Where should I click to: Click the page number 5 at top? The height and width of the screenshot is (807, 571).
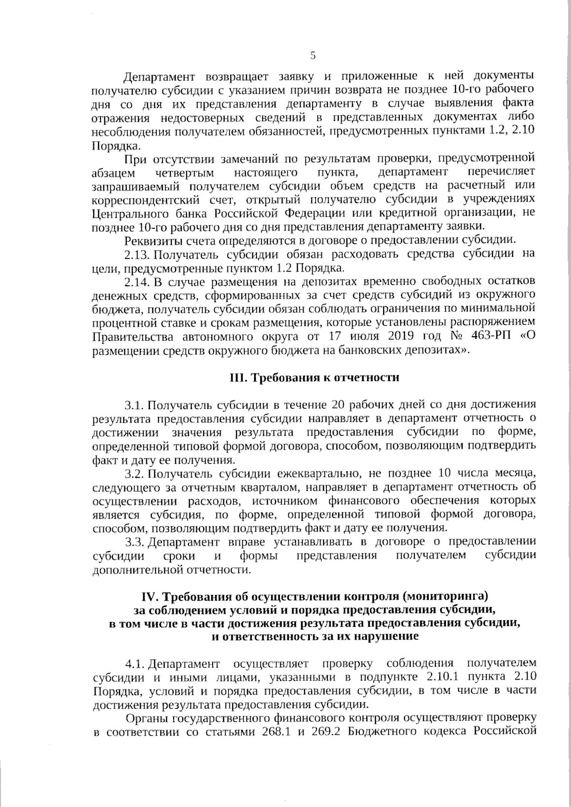(313, 55)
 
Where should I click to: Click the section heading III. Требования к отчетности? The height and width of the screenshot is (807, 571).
(314, 378)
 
